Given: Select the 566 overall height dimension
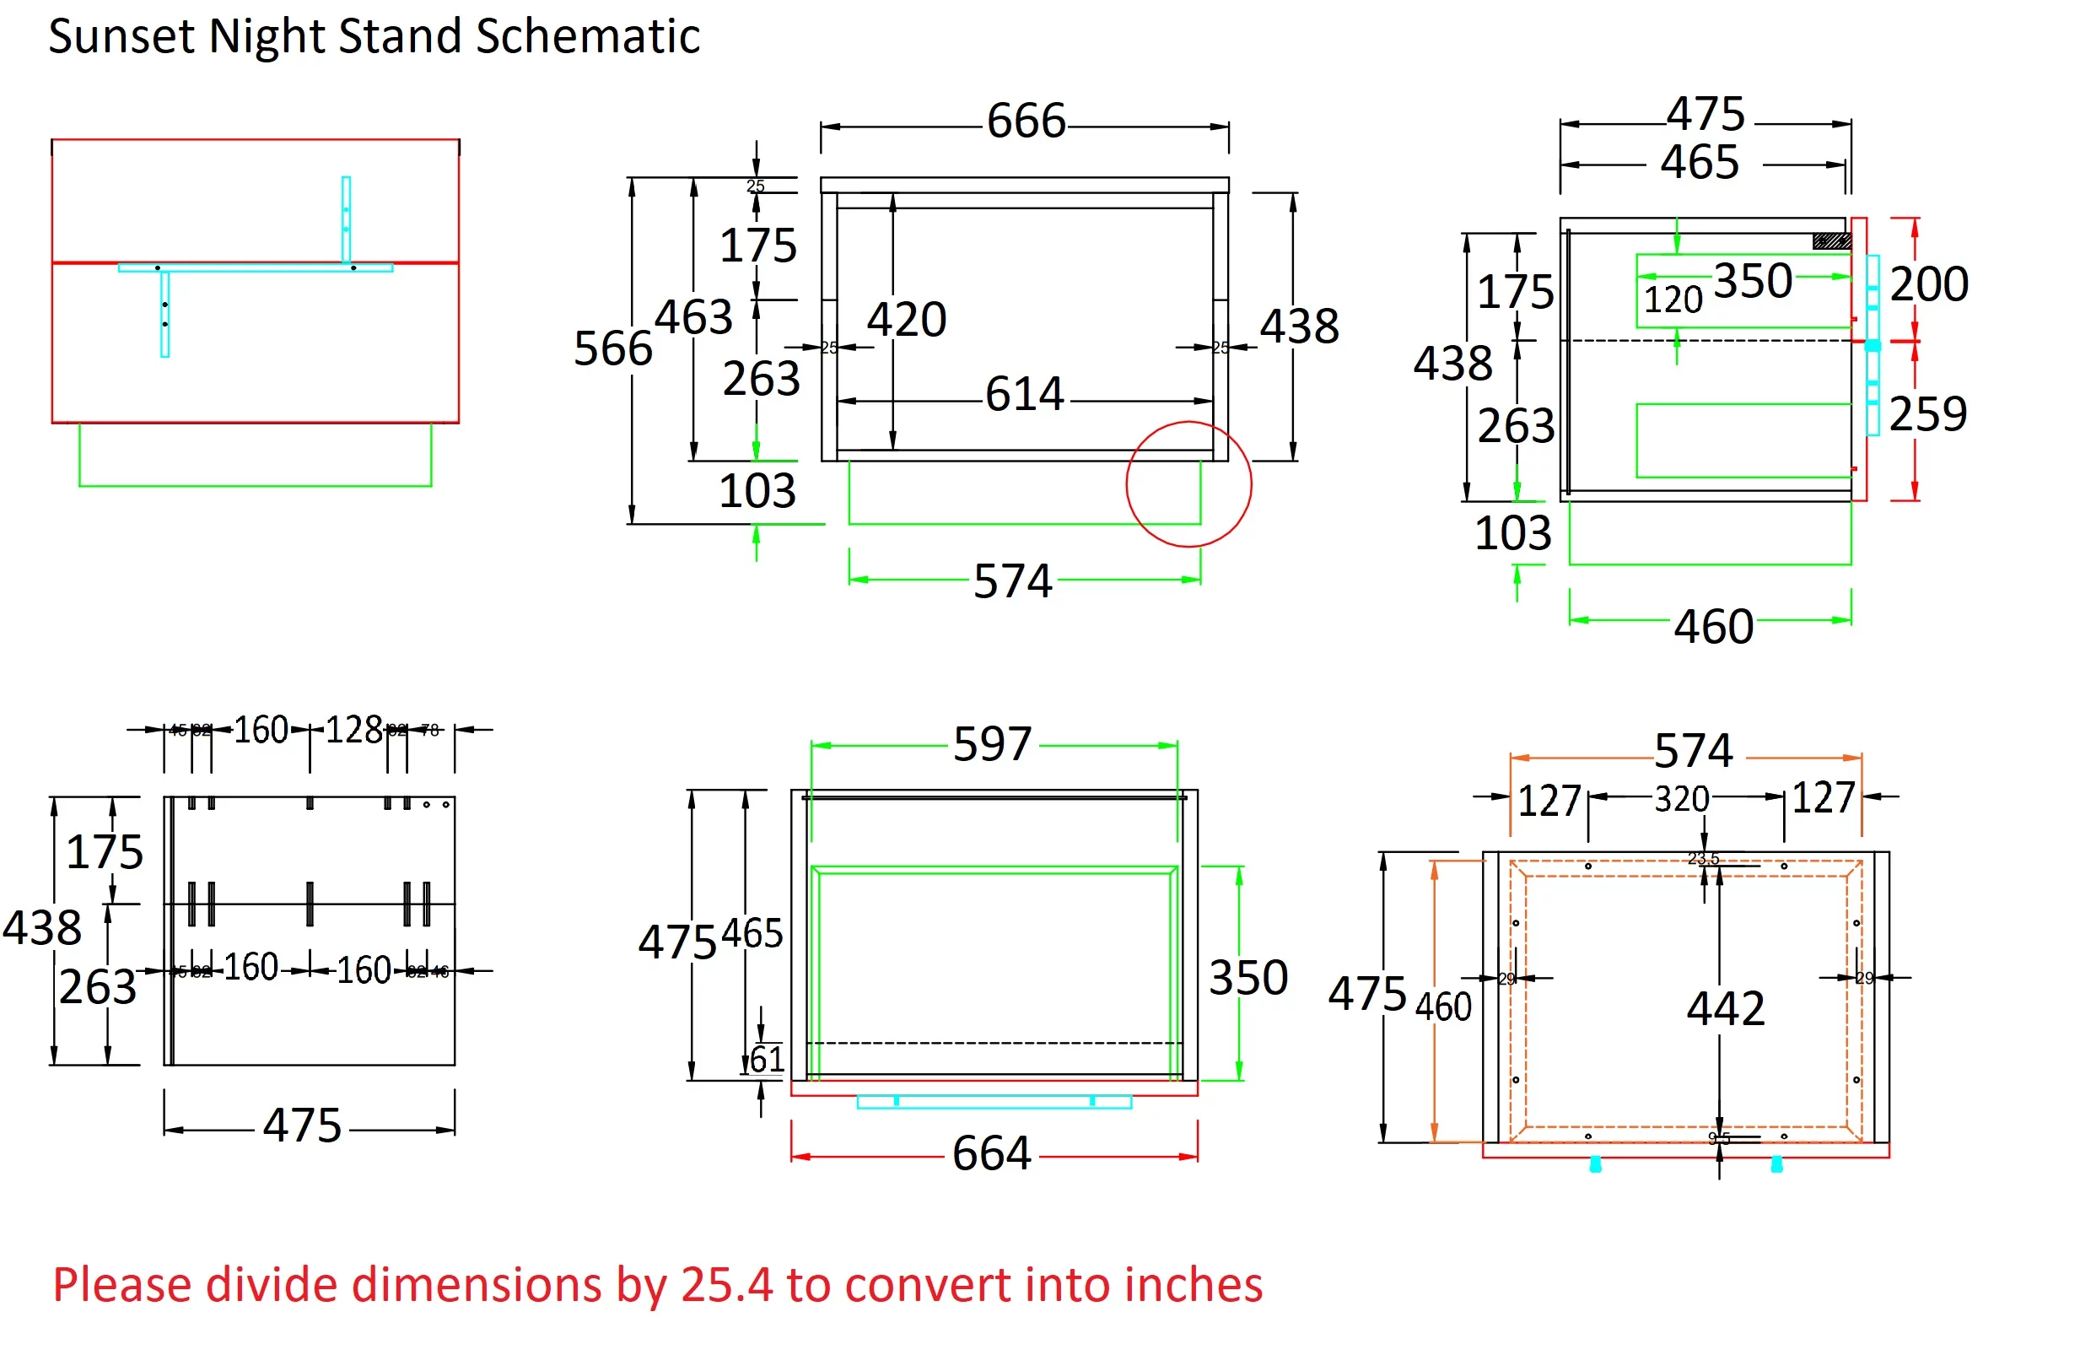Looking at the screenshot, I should click(x=612, y=348).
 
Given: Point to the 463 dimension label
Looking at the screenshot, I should click(x=693, y=316).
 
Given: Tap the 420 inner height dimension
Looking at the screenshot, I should click(x=906, y=319).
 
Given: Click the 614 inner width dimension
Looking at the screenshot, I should click(x=1024, y=394).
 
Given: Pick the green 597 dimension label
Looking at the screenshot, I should click(x=992, y=744).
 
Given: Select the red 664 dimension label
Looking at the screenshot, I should click(x=992, y=1153).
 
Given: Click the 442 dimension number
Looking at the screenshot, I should click(x=1725, y=1008).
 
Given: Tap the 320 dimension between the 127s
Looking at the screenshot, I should click(x=1682, y=799).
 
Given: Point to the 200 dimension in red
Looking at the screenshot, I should click(x=1929, y=284).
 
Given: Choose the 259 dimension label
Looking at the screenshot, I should click(x=1928, y=413).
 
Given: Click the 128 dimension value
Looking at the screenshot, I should click(x=354, y=730).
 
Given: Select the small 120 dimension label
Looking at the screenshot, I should click(x=1673, y=300).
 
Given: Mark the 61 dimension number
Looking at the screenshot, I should click(x=767, y=1060).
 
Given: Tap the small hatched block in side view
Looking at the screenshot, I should click(x=1831, y=241).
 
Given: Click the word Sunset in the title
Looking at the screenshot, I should click(x=121, y=37).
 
